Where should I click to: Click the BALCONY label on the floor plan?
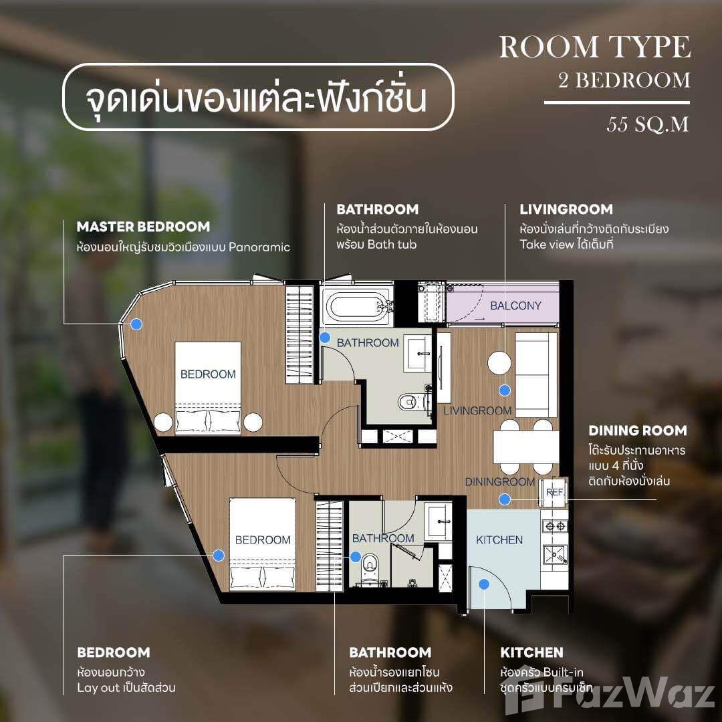515,306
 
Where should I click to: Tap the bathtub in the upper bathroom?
358,306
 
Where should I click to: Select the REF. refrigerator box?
554,492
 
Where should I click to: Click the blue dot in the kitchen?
483,584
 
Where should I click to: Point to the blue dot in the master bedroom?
136,324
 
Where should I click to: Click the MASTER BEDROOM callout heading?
143,227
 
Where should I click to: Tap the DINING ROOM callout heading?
638,431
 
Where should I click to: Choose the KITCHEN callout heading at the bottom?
532,652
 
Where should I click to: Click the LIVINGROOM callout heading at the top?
566,209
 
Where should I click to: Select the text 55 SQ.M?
647,124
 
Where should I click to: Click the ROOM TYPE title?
595,47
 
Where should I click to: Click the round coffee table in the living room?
499,363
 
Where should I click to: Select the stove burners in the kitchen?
554,526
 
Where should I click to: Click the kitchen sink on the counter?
554,554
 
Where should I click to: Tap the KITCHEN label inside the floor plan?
499,539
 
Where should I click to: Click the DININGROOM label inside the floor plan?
500,482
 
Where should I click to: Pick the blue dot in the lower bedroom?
219,556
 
